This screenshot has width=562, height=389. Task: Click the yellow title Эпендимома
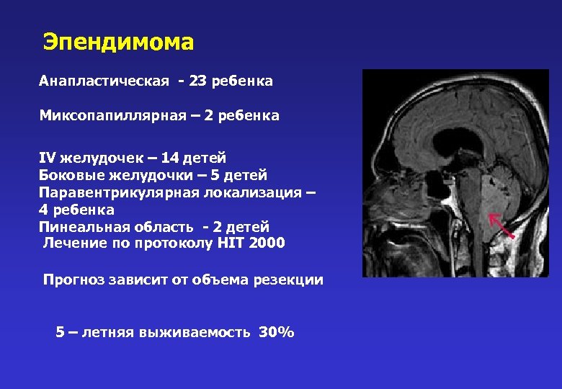pos(118,42)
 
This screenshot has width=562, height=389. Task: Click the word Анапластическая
pos(104,81)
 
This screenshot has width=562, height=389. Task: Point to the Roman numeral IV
pos(48,157)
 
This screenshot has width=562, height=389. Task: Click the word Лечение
pos(73,243)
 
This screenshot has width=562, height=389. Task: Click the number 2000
pos(267,243)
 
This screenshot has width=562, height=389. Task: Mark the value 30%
pos(276,333)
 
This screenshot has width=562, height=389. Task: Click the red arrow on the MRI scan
pos(501,225)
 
